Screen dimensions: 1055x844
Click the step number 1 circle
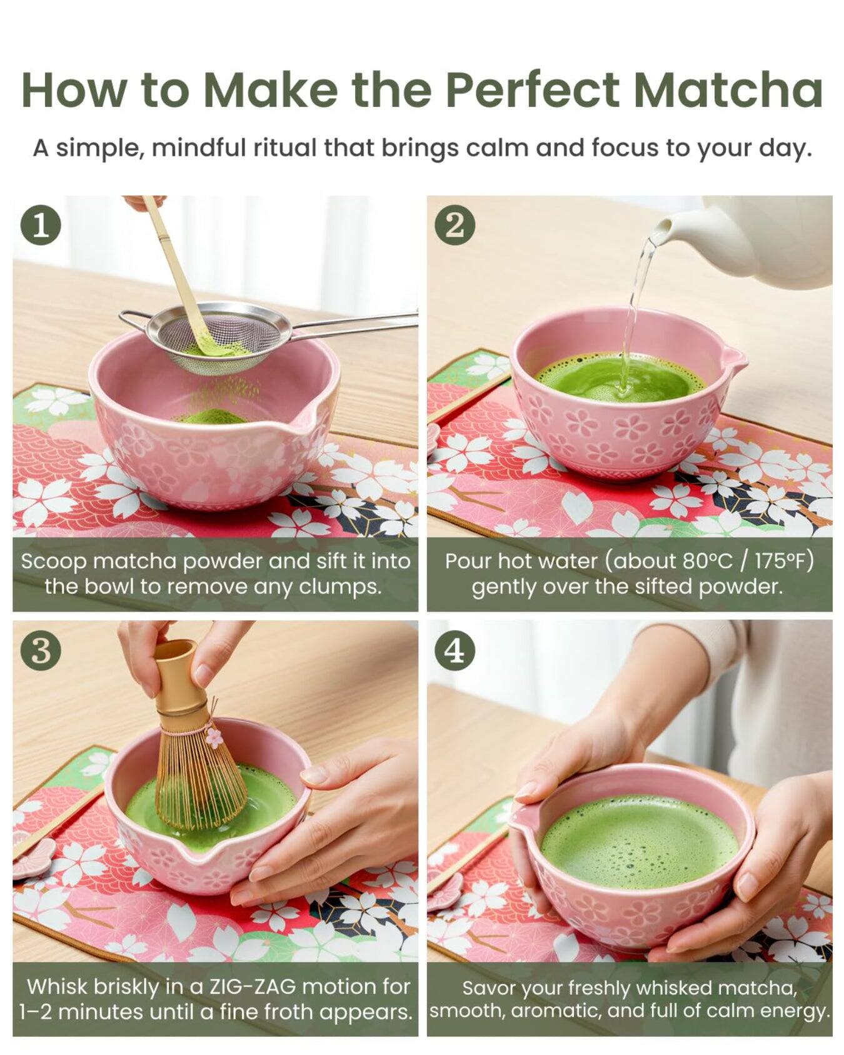point(41,225)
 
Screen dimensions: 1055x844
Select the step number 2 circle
point(455,225)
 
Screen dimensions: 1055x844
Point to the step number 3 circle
point(41,651)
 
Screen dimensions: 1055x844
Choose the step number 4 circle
point(455,651)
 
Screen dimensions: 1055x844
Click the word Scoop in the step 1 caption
point(53,561)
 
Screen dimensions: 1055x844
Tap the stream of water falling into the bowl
point(635,312)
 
